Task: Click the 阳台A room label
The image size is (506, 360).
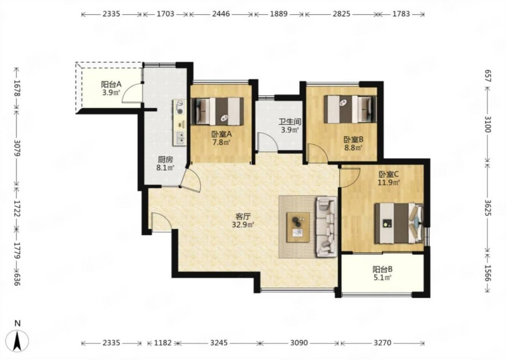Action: [111, 85]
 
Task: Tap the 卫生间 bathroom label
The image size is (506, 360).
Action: [290, 122]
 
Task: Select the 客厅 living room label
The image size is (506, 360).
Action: [243, 217]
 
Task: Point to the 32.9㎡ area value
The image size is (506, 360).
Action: [243, 225]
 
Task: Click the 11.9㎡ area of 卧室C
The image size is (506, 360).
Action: [389, 182]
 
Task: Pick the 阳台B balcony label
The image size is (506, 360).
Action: [382, 269]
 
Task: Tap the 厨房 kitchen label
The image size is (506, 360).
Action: [166, 160]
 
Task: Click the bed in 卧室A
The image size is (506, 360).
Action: [217, 111]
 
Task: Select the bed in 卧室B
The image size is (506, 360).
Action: [350, 109]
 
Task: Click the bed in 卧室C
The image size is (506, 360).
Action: [399, 223]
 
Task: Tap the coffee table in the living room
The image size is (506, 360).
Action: [298, 227]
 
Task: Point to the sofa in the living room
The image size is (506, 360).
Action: [326, 227]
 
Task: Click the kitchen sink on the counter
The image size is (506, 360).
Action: [180, 138]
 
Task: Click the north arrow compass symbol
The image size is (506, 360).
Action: [17, 341]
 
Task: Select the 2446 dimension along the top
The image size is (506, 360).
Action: [221, 14]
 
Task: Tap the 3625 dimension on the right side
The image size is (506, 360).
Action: [488, 208]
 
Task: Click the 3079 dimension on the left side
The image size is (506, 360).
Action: [17, 148]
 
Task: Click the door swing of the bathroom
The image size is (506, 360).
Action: [268, 142]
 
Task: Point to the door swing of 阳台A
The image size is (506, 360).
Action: [132, 93]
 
